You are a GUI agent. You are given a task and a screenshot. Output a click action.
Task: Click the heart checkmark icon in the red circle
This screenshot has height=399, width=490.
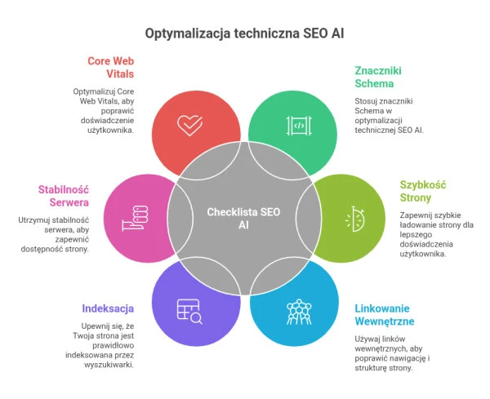point(189,125)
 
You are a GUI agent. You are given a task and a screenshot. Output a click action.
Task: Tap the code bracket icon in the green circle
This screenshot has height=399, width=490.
point(299,126)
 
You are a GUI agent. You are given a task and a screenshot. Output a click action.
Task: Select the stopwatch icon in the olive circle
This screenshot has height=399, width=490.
point(354,219)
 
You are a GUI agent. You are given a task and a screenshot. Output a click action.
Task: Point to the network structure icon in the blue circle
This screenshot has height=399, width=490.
point(299,312)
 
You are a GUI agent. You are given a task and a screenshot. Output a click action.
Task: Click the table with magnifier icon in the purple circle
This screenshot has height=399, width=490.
point(189,312)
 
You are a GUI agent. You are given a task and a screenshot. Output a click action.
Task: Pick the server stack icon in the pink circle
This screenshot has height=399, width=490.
point(135,218)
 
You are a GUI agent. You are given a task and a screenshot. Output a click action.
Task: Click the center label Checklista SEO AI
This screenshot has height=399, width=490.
point(243,218)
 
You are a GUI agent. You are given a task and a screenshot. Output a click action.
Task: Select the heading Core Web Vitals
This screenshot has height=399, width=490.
point(110,68)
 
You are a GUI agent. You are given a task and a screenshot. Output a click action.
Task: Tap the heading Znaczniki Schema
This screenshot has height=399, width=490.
point(378,78)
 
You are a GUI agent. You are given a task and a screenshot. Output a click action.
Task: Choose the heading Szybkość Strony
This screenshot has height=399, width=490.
point(423,191)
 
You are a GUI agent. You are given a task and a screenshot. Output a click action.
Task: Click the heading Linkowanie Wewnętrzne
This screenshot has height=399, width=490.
point(385,315)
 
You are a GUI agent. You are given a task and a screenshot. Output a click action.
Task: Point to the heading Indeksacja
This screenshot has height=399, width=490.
point(108,308)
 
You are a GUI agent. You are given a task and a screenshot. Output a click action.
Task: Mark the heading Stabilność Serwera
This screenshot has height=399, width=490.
point(64,196)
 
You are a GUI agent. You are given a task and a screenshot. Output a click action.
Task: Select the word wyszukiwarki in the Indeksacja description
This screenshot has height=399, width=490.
point(109,365)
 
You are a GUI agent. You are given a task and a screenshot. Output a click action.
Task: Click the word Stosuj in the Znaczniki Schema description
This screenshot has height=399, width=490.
point(364,101)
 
